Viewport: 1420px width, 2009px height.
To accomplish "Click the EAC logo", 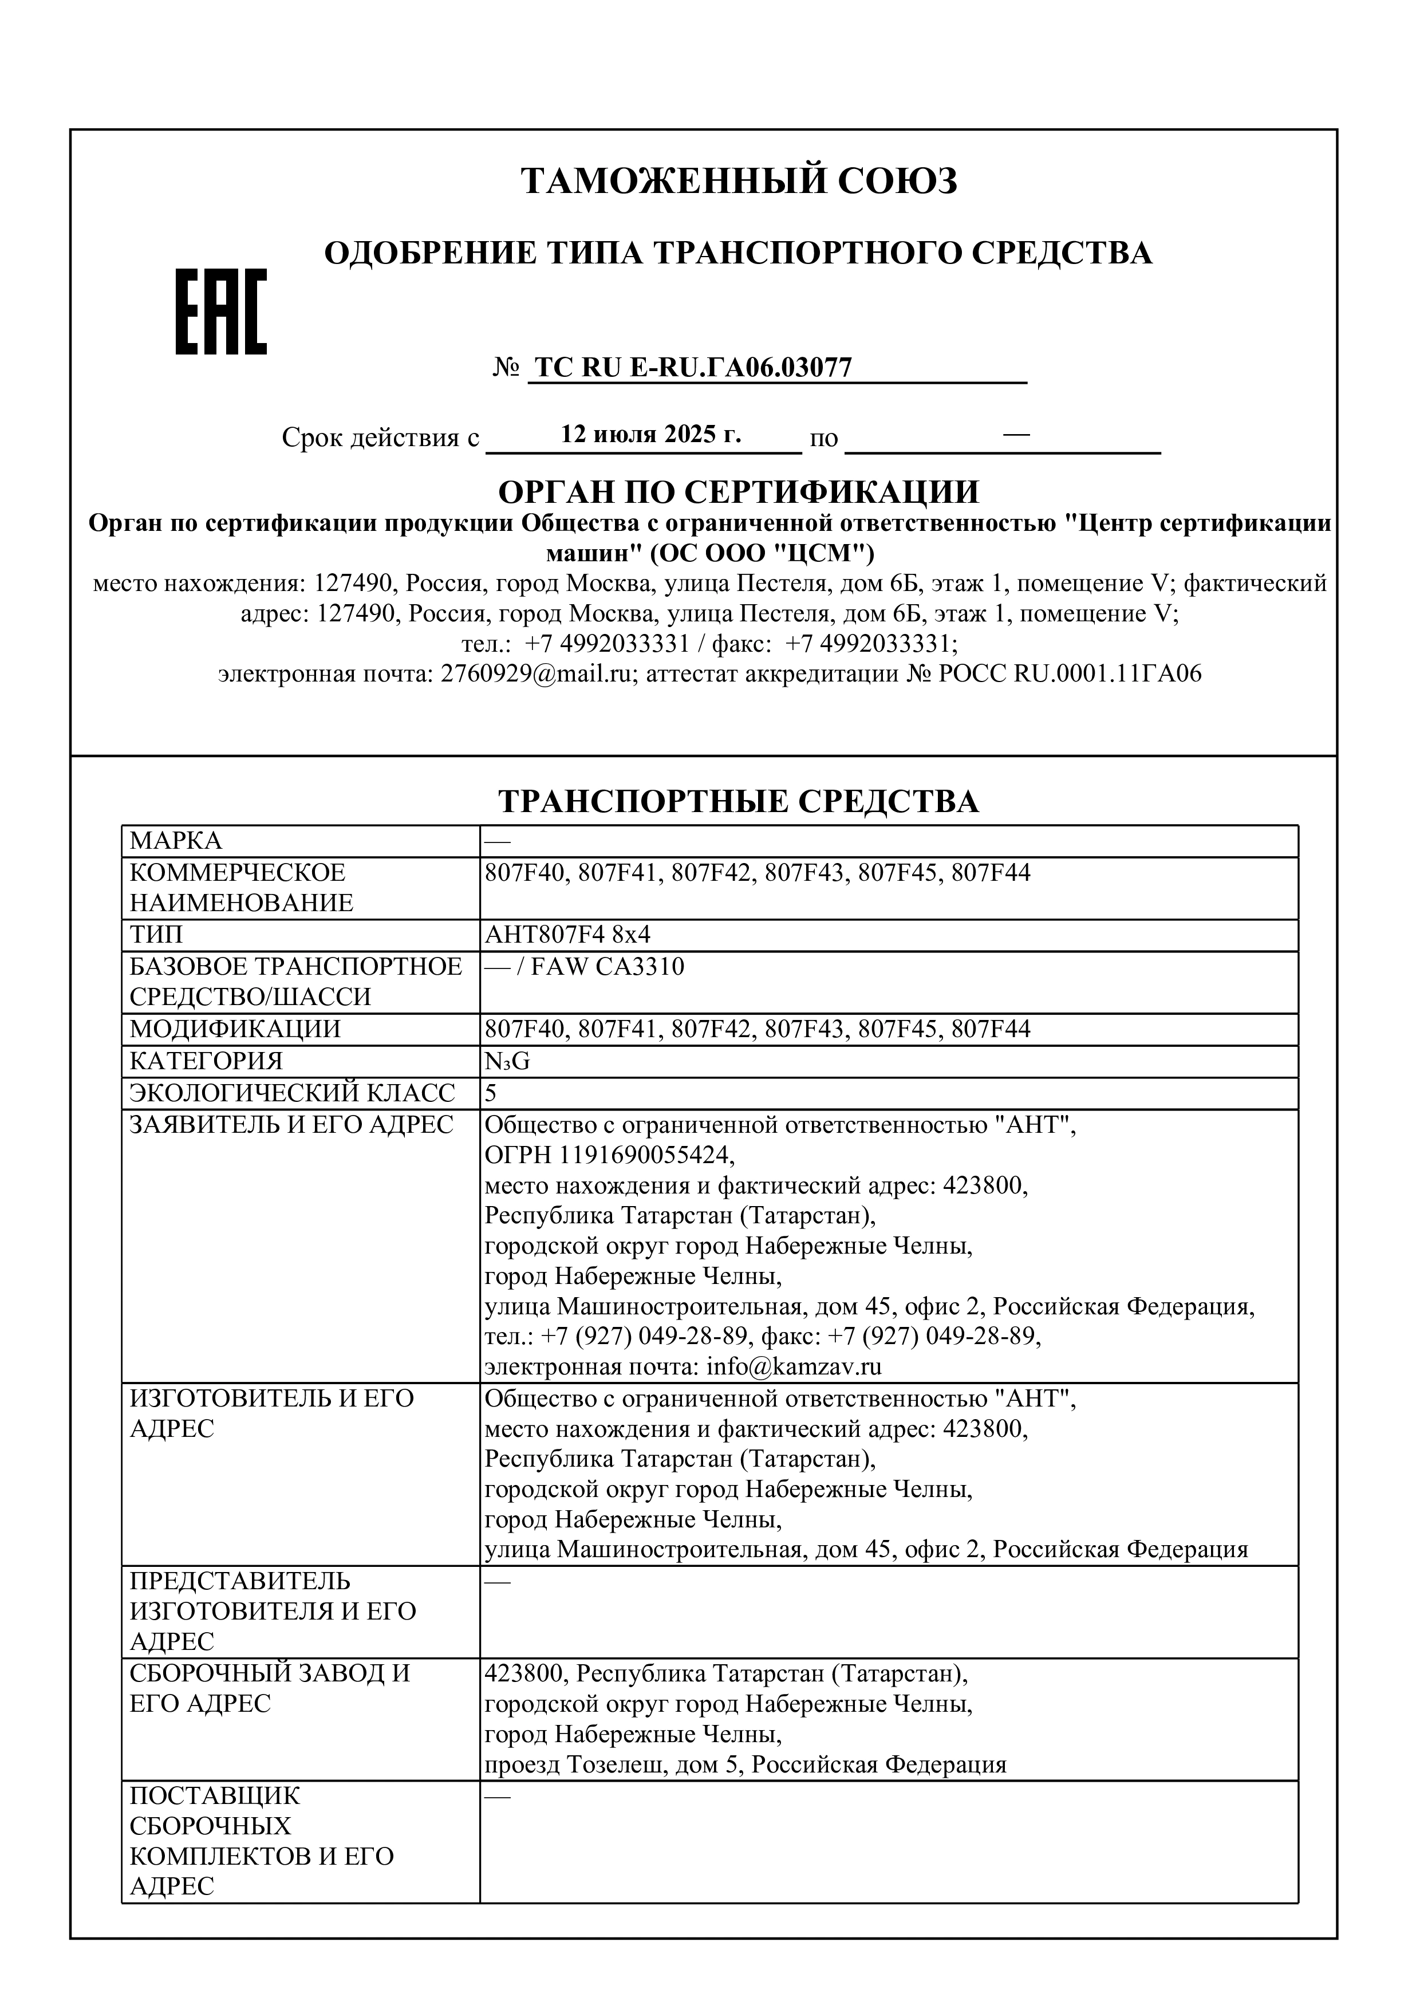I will [222, 312].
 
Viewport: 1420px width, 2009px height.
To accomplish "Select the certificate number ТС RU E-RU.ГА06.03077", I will [693, 368].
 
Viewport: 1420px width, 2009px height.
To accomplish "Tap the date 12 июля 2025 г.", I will [651, 435].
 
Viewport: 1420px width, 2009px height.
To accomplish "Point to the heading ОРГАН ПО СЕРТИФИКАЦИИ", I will [739, 492].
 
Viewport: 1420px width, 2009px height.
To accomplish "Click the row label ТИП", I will [157, 935].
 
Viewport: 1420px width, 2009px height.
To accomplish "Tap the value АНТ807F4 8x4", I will [568, 935].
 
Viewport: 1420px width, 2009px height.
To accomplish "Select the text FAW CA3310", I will [607, 967].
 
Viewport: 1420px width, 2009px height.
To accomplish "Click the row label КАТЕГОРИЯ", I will [207, 1061].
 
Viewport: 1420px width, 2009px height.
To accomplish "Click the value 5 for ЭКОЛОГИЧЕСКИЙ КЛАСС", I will [491, 1093].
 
